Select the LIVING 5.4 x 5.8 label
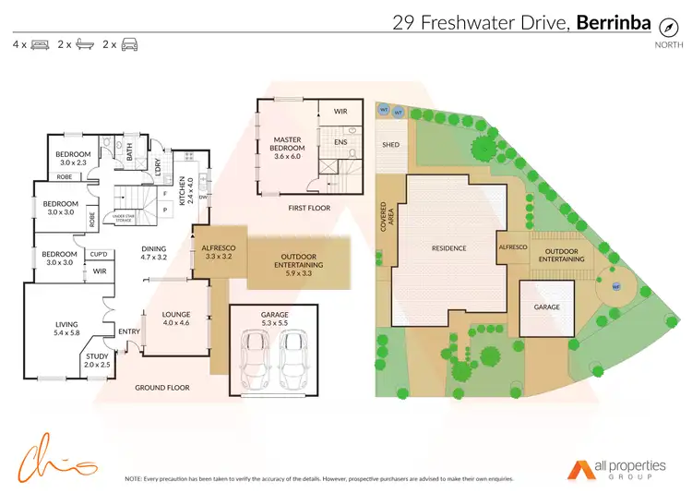(x=66, y=327)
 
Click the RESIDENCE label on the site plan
(x=448, y=247)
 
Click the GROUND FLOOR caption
(x=162, y=388)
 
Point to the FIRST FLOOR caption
(x=309, y=209)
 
